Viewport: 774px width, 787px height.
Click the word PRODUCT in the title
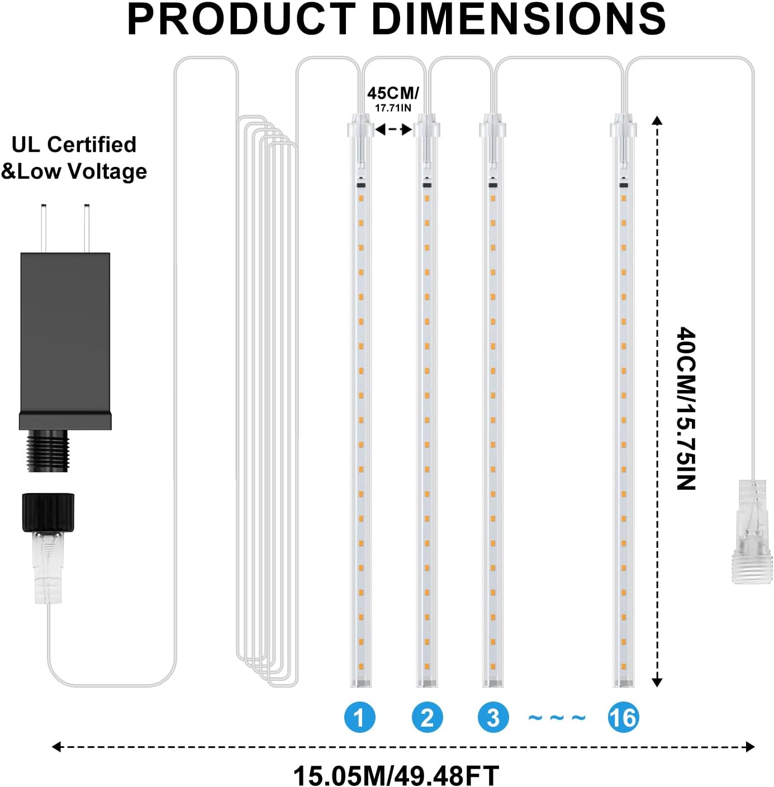pyautogui.click(x=241, y=19)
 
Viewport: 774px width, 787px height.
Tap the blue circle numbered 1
pyautogui.click(x=359, y=718)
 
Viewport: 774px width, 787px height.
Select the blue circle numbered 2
pyautogui.click(x=427, y=718)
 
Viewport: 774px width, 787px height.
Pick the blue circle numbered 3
pyautogui.click(x=493, y=718)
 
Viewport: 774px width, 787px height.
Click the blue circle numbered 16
pyautogui.click(x=623, y=718)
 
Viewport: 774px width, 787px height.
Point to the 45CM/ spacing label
pyautogui.click(x=392, y=93)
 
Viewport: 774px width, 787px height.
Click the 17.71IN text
pyautogui.click(x=393, y=108)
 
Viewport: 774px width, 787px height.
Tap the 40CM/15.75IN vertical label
pyautogui.click(x=686, y=408)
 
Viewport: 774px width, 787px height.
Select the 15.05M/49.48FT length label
pyautogui.click(x=396, y=775)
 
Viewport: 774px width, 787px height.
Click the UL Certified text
pyautogui.click(x=74, y=145)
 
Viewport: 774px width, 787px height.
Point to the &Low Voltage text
pyautogui.click(x=74, y=171)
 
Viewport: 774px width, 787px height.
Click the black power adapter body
pyautogui.click(x=65, y=335)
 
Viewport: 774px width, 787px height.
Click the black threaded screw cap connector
pyautogui.click(x=48, y=512)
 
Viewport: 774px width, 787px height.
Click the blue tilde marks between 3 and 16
pyautogui.click(x=557, y=718)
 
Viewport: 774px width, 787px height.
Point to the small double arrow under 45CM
pyautogui.click(x=393, y=130)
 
